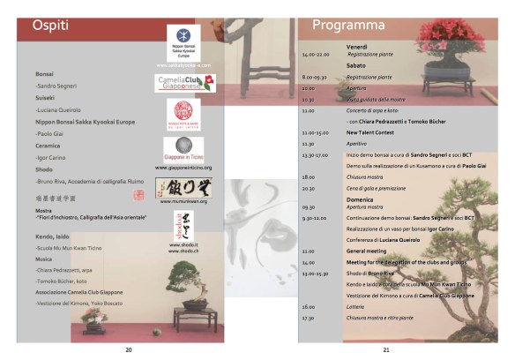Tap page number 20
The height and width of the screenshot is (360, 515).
(129, 350)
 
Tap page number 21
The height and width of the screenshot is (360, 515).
(386, 350)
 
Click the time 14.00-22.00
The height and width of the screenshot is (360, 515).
(315, 55)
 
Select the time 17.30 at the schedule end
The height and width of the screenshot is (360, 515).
(308, 317)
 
